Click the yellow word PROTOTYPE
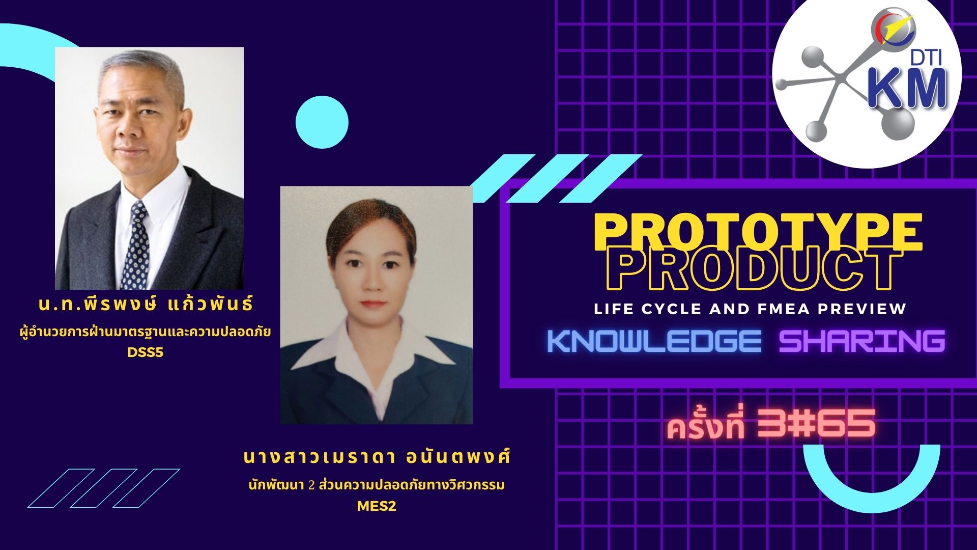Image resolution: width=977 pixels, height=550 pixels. point(758,233)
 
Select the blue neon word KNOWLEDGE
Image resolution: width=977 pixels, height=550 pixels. point(654,341)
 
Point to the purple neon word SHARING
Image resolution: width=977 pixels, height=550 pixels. point(862,341)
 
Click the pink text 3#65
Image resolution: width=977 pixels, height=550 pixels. point(816,423)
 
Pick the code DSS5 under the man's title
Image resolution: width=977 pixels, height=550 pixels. point(146,352)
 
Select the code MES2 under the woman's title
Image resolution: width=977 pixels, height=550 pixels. point(377,507)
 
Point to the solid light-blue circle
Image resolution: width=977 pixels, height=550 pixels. point(322,122)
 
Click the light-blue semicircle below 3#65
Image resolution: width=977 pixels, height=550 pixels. point(865,479)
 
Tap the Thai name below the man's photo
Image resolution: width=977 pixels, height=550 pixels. point(146,305)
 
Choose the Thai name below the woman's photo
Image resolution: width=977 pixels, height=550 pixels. point(377,457)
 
